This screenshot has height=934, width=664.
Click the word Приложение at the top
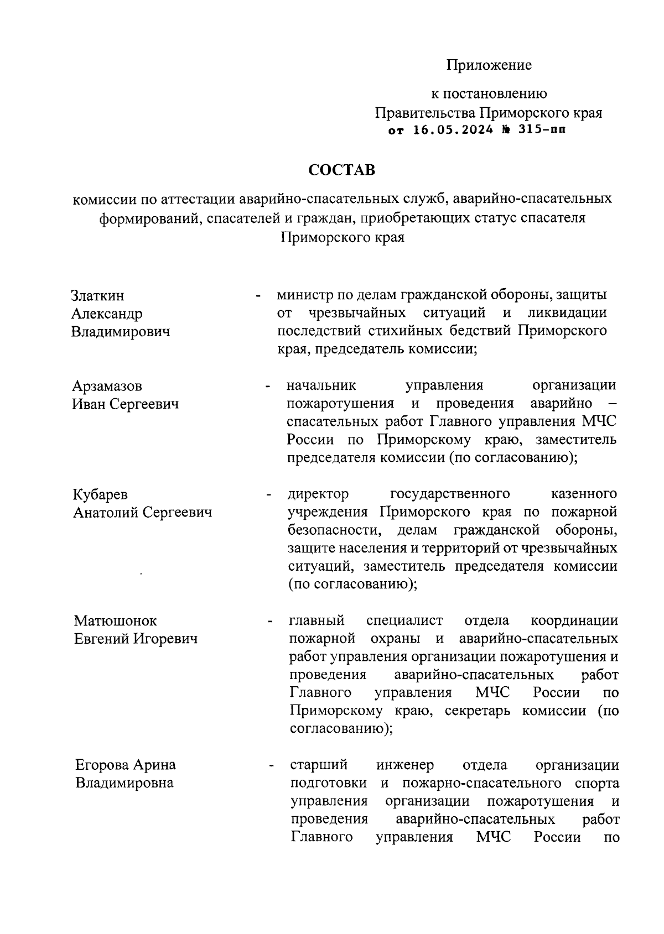point(489,65)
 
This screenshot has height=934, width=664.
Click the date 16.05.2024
point(453,131)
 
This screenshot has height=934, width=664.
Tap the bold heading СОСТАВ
point(341,170)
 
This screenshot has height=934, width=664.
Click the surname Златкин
point(98,296)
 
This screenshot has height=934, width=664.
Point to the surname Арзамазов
point(107,385)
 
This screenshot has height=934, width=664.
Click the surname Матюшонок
point(116,621)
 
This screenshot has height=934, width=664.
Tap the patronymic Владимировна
point(124,783)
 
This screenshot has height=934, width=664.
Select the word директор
point(318,493)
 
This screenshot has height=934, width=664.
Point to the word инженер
point(405,765)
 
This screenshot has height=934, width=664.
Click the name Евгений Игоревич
point(136,639)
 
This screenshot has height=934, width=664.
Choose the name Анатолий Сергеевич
point(143,513)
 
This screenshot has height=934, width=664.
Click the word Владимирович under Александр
point(121,332)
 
